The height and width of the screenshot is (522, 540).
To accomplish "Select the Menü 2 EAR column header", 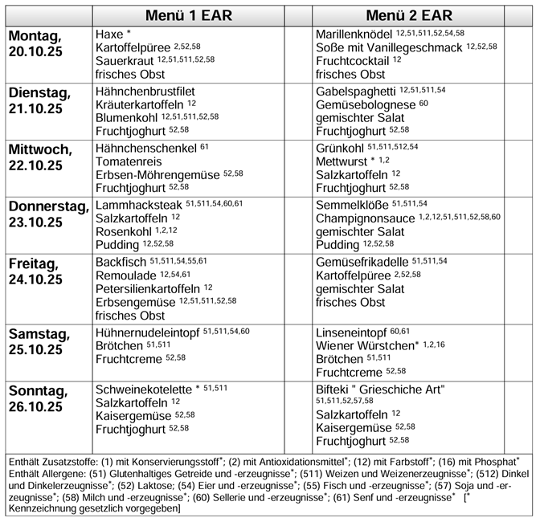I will pyautogui.click(x=408, y=16).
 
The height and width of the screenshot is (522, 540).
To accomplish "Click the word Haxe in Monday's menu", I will pyautogui.click(x=108, y=35).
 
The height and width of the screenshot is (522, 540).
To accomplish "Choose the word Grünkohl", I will pyautogui.click(x=340, y=148).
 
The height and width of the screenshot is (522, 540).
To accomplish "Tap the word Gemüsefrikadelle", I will pyautogui.click(x=362, y=263).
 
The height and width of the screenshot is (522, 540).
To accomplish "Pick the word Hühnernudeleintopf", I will pyautogui.click(x=147, y=332).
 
